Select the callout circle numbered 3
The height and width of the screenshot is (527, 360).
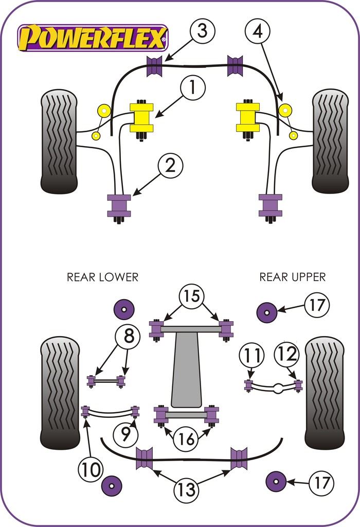(x=202, y=31)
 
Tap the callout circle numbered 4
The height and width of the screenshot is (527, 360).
(x=257, y=31)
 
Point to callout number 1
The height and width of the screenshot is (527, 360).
(x=192, y=89)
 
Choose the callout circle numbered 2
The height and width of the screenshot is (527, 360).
(x=170, y=165)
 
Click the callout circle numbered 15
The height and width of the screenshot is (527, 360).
(x=191, y=296)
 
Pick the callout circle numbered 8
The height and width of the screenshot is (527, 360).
(x=128, y=338)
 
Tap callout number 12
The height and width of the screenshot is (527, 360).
(x=286, y=355)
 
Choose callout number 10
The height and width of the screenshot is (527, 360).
(x=91, y=469)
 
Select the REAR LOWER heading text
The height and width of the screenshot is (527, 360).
(x=102, y=277)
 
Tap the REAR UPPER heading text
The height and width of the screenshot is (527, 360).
(x=292, y=277)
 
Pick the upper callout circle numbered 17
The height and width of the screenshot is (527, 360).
(x=316, y=305)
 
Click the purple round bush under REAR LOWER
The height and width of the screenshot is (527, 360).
(x=123, y=309)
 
